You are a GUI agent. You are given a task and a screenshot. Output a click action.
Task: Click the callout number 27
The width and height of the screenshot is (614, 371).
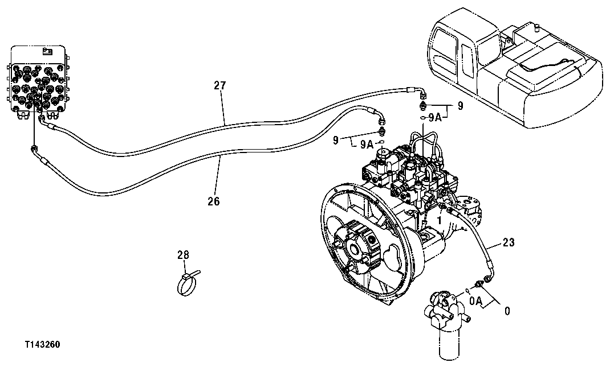(x=220, y=86)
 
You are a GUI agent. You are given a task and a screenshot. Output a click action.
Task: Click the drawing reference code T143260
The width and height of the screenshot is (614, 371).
(x=42, y=345)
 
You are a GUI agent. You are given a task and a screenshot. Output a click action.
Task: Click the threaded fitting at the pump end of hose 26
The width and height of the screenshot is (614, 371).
(x=381, y=121)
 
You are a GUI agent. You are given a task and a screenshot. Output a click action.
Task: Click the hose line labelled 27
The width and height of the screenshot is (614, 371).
(x=228, y=123)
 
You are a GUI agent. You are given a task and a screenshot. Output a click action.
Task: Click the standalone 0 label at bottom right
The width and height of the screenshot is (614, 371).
(x=507, y=311)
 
